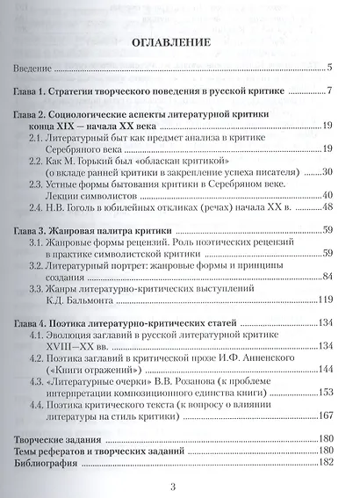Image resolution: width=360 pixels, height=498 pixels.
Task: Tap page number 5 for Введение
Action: tap(328, 68)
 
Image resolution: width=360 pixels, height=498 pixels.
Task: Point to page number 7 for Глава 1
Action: tap(328, 91)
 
